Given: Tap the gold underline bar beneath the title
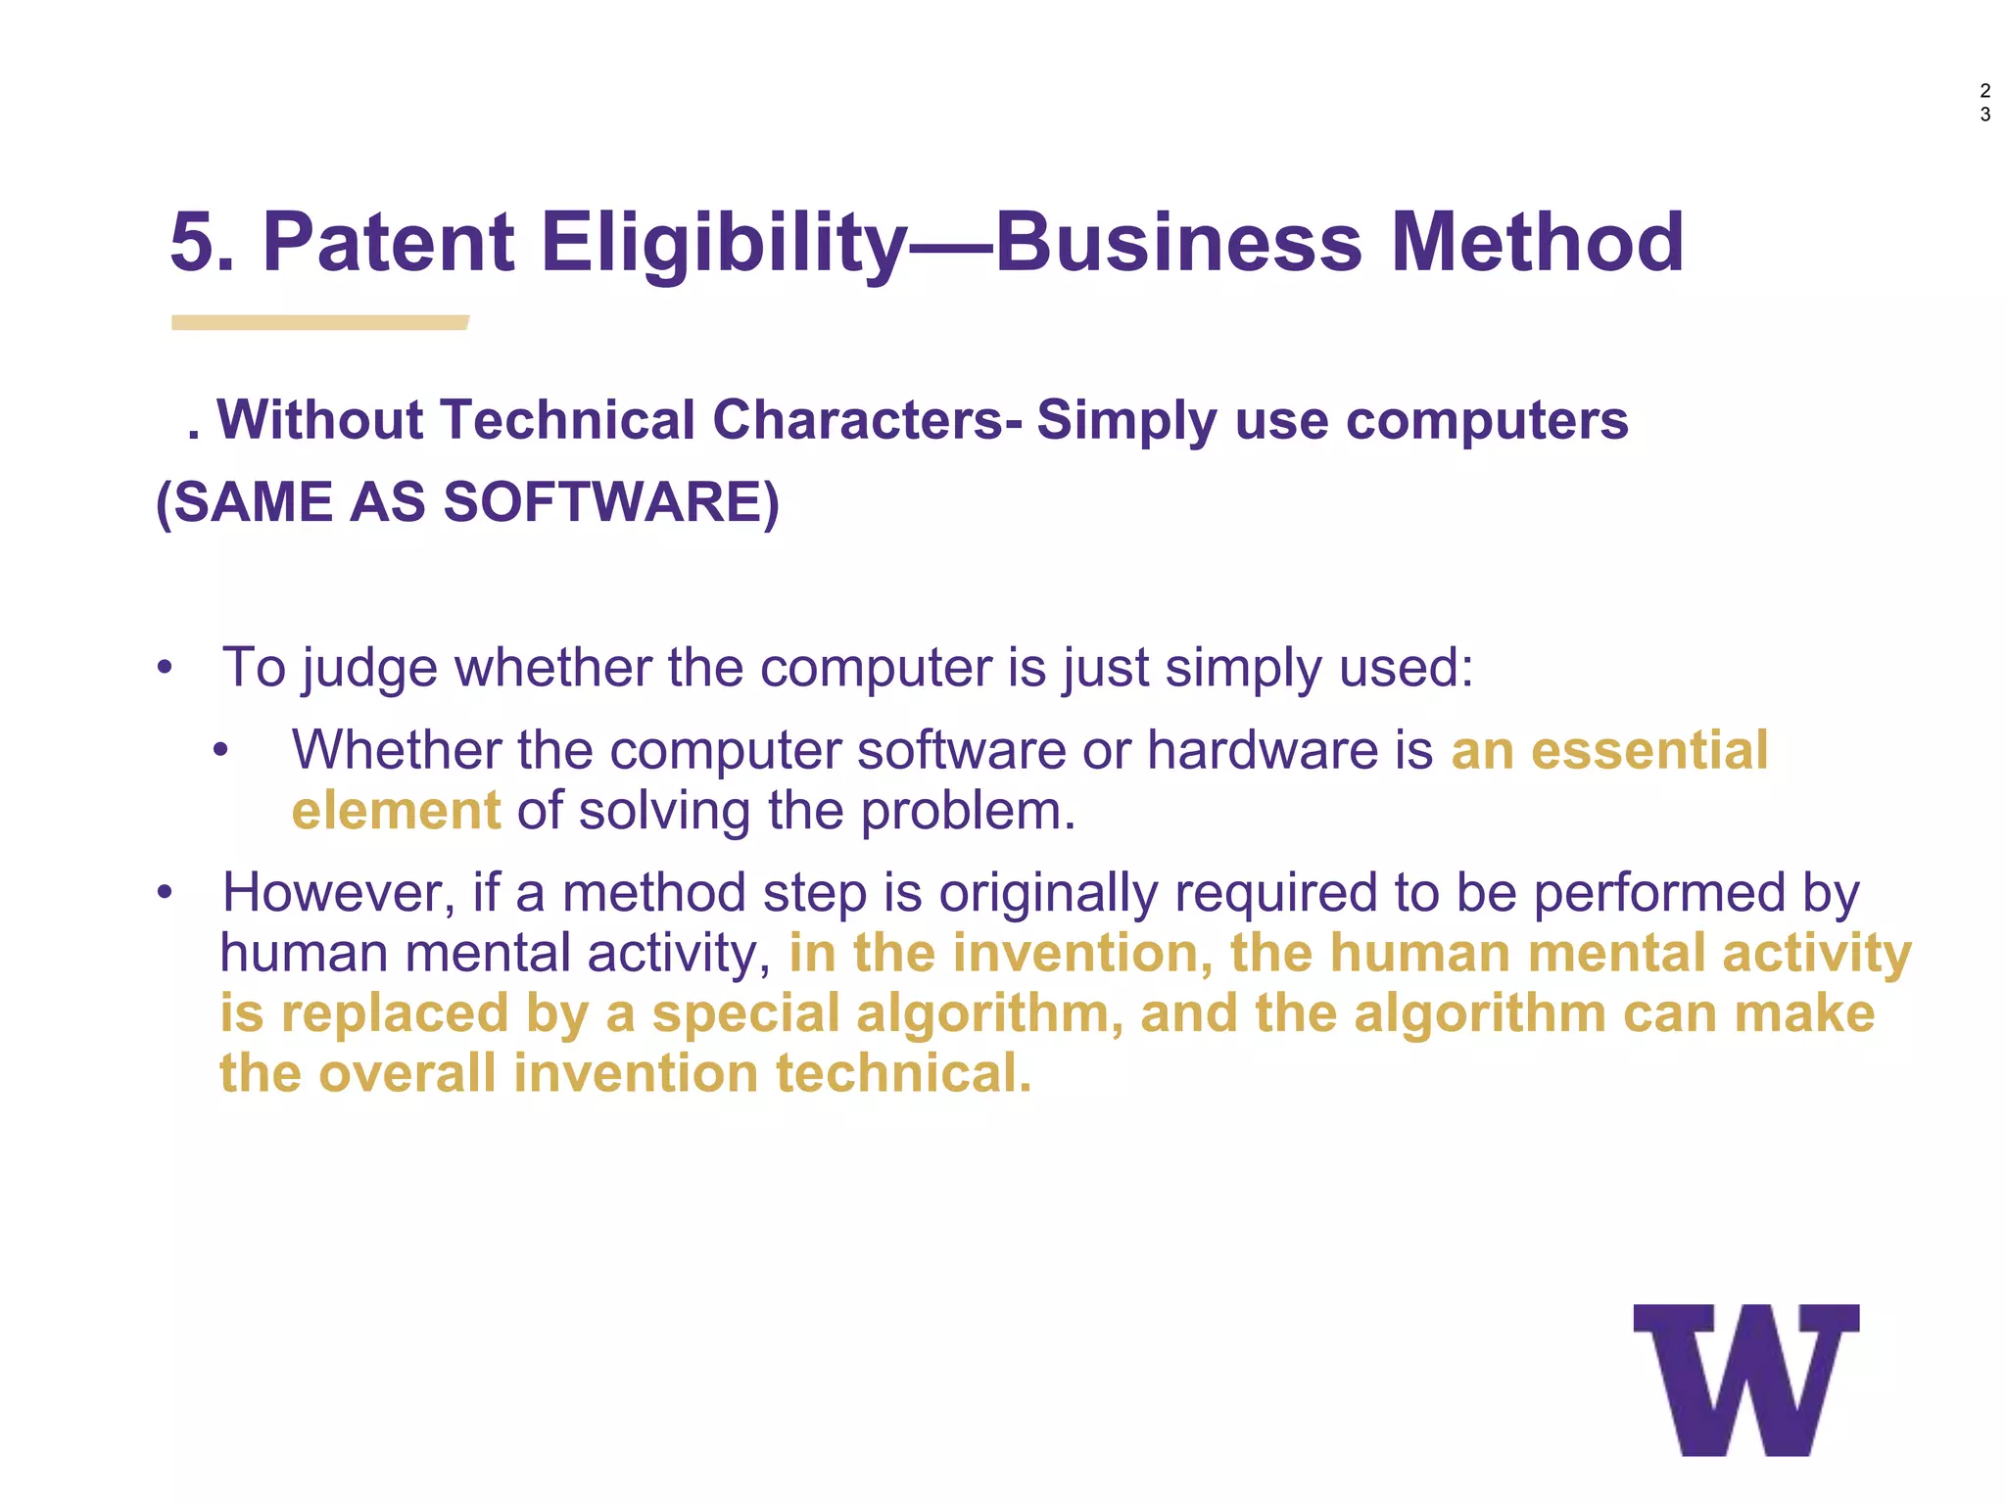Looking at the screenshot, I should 319,323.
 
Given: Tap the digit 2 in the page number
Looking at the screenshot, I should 1984,91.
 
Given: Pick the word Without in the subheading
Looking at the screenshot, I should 319,420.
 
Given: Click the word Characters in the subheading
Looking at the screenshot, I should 860,420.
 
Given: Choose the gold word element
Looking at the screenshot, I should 396,811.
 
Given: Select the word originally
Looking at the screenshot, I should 1048,892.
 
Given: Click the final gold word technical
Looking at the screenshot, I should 903,1073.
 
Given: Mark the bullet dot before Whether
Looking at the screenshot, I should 221,751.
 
